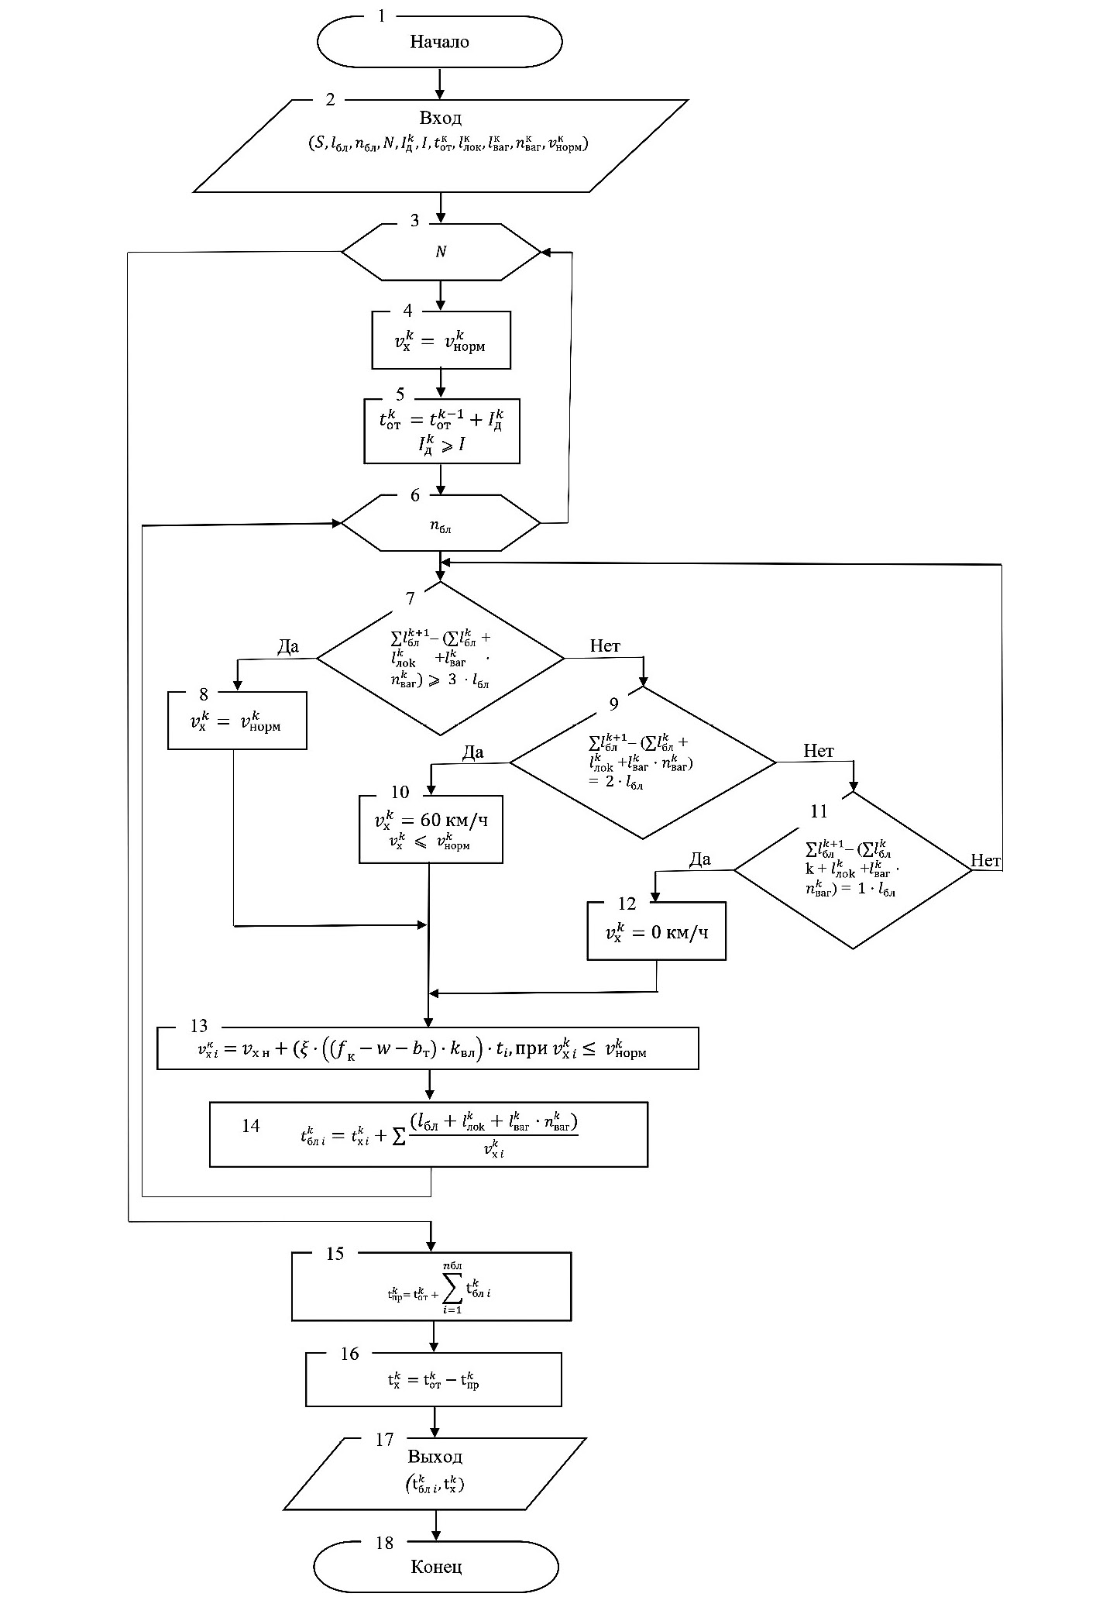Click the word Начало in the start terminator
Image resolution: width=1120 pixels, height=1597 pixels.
(439, 42)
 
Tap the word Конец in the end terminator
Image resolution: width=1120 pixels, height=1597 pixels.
(436, 1566)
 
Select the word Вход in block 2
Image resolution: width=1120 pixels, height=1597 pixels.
(441, 119)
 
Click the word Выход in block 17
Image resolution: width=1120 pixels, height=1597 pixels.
(435, 1456)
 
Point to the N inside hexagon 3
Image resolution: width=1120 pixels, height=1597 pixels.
(441, 252)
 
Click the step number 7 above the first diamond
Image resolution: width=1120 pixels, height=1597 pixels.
(410, 597)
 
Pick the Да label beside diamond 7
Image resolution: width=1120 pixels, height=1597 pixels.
(287, 647)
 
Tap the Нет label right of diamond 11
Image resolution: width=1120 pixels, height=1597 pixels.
(985, 860)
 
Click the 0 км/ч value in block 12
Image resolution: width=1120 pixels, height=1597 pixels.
(679, 931)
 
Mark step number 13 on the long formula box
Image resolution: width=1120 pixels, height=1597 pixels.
(198, 1026)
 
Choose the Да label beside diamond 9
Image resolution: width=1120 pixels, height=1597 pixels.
(472, 752)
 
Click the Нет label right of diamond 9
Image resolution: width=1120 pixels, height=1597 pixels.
(818, 750)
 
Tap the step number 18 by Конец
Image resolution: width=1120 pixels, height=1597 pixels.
(384, 1543)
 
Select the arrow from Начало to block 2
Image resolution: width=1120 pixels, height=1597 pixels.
(440, 84)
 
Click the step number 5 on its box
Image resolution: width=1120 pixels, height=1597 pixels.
(400, 394)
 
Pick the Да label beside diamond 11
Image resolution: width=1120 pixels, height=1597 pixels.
(699, 859)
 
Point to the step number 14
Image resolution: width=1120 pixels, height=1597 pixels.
(250, 1126)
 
